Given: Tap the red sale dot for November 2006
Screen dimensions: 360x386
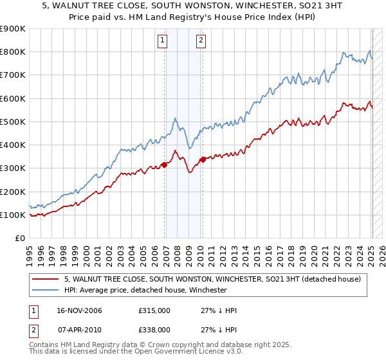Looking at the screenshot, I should (164, 165).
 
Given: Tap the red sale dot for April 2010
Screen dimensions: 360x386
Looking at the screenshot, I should (203, 159).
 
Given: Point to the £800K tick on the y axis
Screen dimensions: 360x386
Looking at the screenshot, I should (14, 52).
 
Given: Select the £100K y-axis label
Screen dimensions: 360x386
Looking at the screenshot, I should (14, 215).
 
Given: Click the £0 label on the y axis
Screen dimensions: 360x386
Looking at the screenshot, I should (19, 239).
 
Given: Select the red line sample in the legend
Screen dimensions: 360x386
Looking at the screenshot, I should (46, 279).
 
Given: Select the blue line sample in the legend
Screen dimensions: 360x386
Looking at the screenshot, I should (46, 290).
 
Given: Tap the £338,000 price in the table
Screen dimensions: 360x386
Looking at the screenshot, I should (154, 329).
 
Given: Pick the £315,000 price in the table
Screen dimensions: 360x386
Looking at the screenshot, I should (154, 311).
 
